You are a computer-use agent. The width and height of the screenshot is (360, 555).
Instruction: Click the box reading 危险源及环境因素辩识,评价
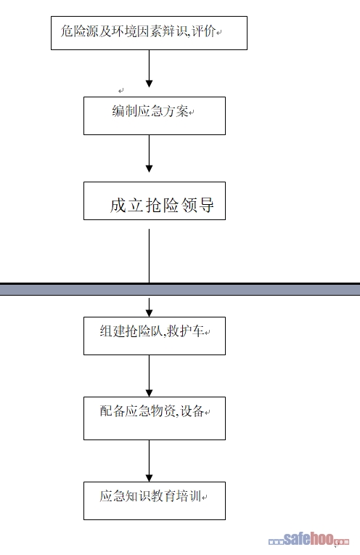pyautogui.click(x=149, y=33)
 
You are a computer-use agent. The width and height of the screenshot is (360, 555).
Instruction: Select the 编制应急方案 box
pyautogui.click(x=155, y=116)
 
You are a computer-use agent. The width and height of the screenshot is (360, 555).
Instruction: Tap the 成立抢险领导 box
pyautogui.click(x=155, y=200)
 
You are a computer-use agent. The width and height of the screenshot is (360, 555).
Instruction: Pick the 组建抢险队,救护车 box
pyautogui.click(x=155, y=336)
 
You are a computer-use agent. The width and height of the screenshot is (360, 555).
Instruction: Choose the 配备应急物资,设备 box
pyautogui.click(x=155, y=418)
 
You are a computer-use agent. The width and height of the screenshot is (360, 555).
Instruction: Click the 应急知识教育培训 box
pyautogui.click(x=155, y=501)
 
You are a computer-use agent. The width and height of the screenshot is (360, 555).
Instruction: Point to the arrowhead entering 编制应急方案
pyautogui.click(x=150, y=84)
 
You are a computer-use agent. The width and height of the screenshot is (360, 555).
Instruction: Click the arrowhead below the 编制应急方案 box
pyautogui.click(x=150, y=169)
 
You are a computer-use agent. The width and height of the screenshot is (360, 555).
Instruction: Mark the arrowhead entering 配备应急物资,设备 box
pyautogui.click(x=150, y=393)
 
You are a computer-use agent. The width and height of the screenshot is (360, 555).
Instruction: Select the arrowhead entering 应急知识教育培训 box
pyautogui.click(x=150, y=478)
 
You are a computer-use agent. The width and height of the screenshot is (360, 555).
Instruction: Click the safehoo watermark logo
pyautogui.click(x=308, y=539)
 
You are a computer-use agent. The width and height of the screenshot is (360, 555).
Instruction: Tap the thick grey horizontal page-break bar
pyautogui.click(x=180, y=289)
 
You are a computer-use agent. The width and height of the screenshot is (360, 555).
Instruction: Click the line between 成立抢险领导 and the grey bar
pyautogui.click(x=150, y=256)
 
